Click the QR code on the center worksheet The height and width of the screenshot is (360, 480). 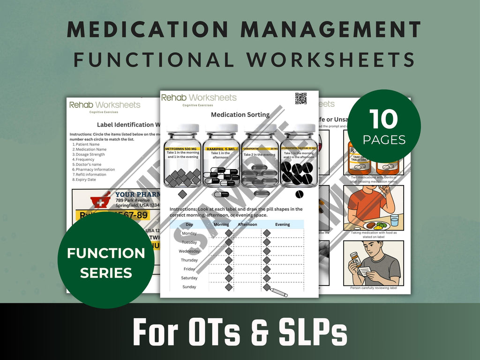coord(301,98)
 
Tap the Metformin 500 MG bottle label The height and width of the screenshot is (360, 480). coord(183,153)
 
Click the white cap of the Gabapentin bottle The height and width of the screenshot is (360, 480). coord(259,128)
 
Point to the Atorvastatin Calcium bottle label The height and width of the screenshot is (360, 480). coord(298,153)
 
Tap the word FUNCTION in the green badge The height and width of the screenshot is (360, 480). coord(106,254)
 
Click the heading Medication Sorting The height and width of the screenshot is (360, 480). coord(240,114)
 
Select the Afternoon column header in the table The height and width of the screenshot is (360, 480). coord(247,225)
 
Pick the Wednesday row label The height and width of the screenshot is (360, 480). coord(189,251)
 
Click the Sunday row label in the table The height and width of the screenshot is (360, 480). coord(189,287)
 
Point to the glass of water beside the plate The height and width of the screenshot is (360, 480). coord(394,220)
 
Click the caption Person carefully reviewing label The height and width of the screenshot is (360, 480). coord(373,288)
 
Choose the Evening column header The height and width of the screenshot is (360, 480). coord(282,225)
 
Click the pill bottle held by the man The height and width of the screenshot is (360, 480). coord(356,259)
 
